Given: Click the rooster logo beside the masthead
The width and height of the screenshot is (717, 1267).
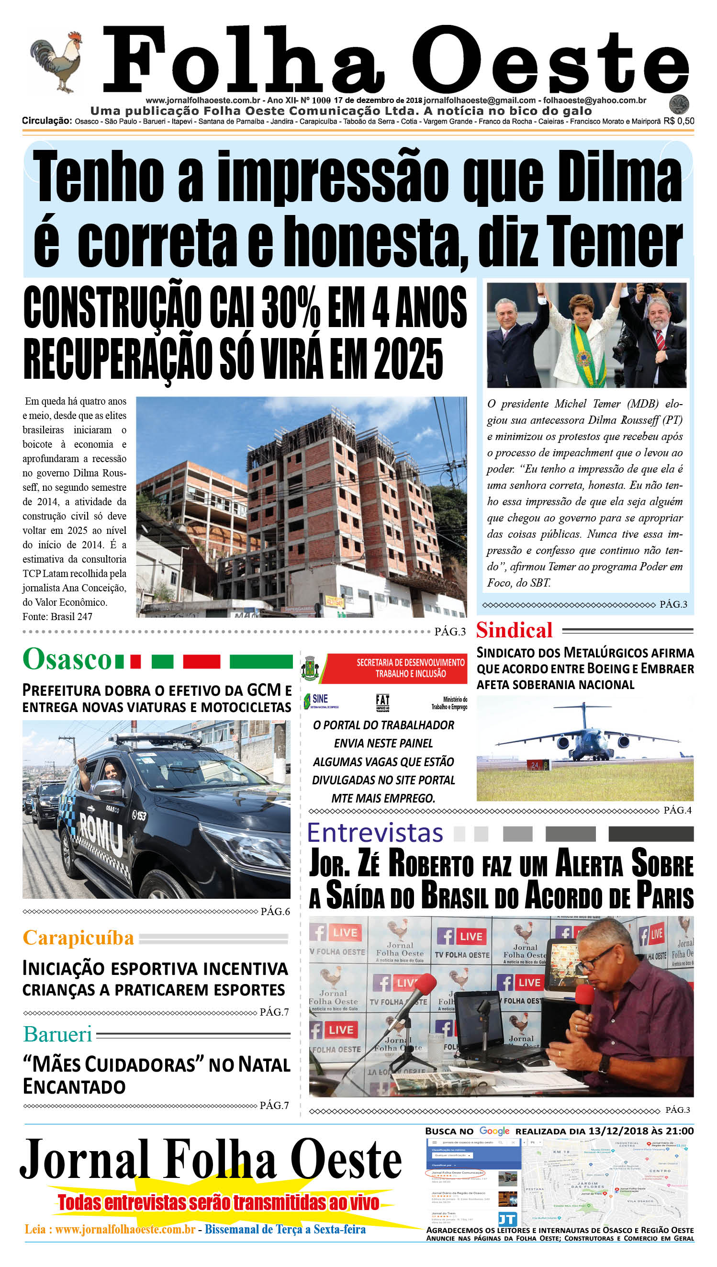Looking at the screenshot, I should pyautogui.click(x=56, y=62).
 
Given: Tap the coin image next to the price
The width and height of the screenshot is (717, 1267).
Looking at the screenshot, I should pyautogui.click(x=679, y=104).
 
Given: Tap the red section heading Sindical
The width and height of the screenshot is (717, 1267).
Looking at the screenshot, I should pyautogui.click(x=514, y=630).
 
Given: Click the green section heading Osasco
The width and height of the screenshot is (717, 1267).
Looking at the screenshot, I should pyautogui.click(x=67, y=659).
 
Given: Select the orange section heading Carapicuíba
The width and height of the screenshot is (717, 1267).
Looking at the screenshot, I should pyautogui.click(x=78, y=938).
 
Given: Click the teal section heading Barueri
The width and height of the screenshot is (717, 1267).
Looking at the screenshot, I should pyautogui.click(x=57, y=1034).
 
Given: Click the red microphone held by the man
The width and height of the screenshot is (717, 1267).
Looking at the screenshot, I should pyautogui.click(x=584, y=996).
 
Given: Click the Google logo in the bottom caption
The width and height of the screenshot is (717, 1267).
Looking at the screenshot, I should pyautogui.click(x=494, y=1131).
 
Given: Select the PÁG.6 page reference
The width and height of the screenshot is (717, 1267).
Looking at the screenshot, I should pyautogui.click(x=275, y=911).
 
